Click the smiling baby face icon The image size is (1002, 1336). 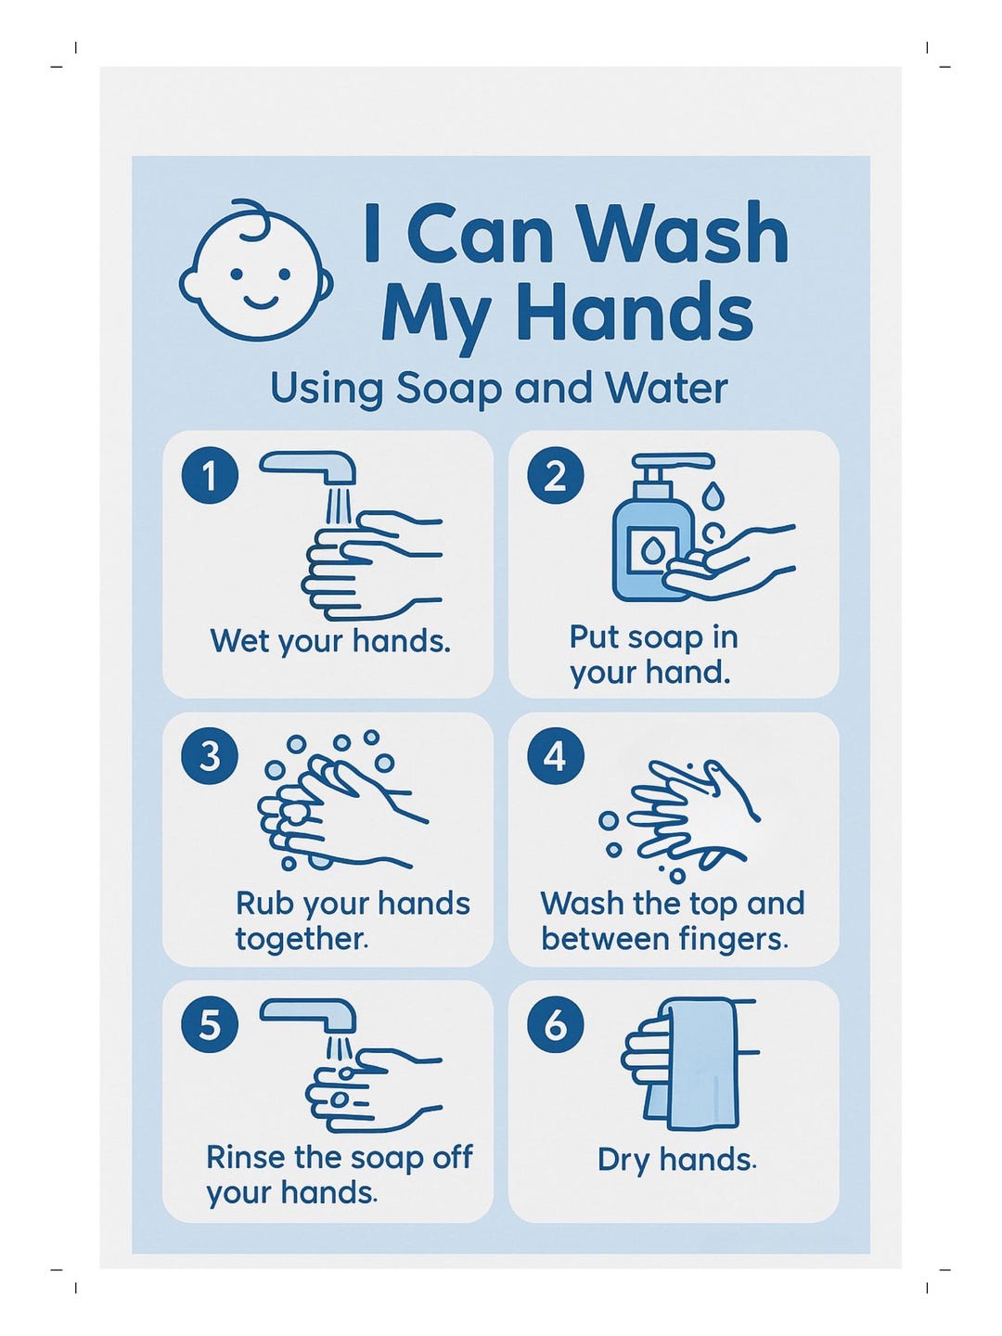[257, 272]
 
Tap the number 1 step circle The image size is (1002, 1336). [210, 476]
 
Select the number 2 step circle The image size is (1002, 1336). [555, 476]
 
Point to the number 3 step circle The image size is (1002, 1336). [210, 756]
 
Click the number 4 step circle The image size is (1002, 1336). [555, 756]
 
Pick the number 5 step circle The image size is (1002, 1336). [210, 1025]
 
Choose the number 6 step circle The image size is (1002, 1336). [555, 1025]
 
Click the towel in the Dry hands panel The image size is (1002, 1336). [701, 1062]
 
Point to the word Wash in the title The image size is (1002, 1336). [681, 234]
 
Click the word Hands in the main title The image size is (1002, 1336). [634, 313]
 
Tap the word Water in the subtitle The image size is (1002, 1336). [665, 388]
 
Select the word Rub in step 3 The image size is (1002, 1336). [263, 904]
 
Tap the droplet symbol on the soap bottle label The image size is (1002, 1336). [651, 552]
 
